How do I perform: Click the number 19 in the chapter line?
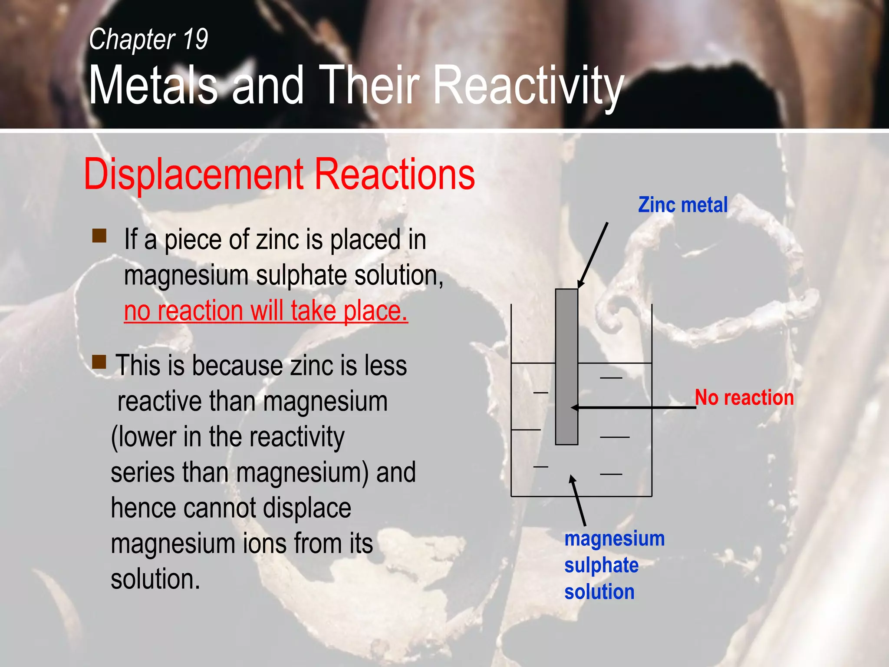click(x=195, y=39)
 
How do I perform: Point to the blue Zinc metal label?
click(x=682, y=205)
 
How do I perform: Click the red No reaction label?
click(x=744, y=398)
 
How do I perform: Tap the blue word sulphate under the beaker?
click(x=601, y=565)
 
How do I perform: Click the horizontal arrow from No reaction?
click(x=634, y=407)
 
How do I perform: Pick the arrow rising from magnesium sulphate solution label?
click(x=579, y=500)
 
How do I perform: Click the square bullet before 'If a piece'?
click(x=99, y=236)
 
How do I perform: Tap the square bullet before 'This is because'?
click(x=99, y=361)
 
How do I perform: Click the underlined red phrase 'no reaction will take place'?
click(x=266, y=311)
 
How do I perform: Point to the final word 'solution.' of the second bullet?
click(x=155, y=579)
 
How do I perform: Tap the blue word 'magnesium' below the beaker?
click(x=614, y=539)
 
